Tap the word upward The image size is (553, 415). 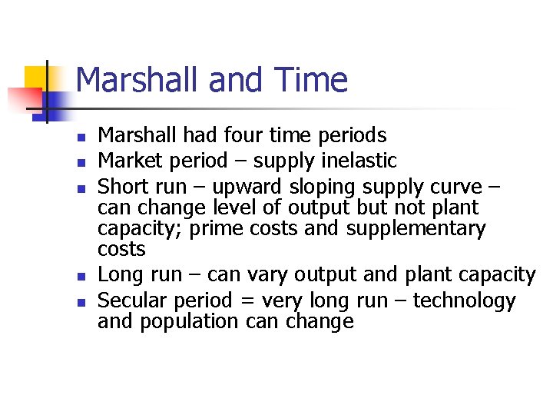(244, 186)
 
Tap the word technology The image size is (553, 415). (465, 300)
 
